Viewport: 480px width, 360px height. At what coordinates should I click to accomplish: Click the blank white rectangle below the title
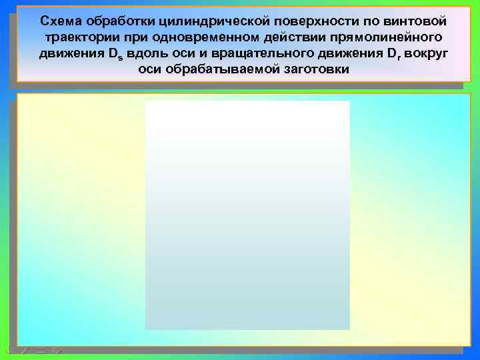[x=247, y=215]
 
